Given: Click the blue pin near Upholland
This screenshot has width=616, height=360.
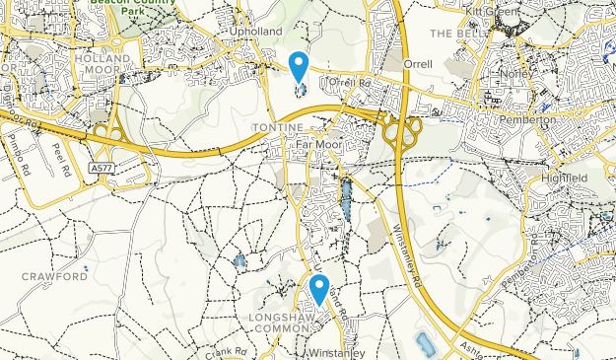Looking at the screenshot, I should coord(299,67).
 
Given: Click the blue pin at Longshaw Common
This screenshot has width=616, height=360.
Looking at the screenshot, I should coord(319,289).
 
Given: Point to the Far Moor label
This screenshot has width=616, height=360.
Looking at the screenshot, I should coord(317,142).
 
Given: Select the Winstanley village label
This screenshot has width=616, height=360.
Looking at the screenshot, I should coord(337,352).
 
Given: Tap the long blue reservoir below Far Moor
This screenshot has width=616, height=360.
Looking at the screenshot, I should coord(346,202).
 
